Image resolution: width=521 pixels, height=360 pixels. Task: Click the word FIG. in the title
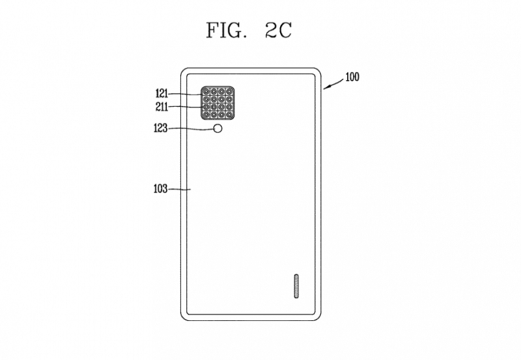227,30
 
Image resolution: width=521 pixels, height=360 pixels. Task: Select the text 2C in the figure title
279,30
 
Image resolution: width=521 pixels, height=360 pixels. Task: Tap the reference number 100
352,77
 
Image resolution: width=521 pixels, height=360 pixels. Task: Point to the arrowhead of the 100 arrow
325,88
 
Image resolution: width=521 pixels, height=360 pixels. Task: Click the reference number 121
162,94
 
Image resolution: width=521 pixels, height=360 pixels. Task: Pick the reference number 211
162,107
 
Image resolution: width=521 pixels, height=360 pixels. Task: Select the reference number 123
160,128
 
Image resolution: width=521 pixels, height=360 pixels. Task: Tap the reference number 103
160,189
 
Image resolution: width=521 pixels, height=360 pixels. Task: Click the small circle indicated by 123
218,128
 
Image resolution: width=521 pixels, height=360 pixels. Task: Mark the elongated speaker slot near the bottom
296,286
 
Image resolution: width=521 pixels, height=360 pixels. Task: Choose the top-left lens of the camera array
206,91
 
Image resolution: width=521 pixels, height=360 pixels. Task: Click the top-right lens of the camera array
229,91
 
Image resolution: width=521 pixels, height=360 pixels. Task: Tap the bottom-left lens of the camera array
206,115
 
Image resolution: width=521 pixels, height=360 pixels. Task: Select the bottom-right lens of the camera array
229,115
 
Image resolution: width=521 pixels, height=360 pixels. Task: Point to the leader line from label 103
180,189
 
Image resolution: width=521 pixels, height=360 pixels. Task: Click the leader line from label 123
190,128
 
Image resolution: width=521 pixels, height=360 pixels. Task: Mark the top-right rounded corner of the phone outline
317,72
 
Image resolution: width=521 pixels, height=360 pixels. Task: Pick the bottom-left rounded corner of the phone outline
185,316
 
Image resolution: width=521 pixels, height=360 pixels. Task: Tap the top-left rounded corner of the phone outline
185,72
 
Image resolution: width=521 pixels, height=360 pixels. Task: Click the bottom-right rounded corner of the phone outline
317,316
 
